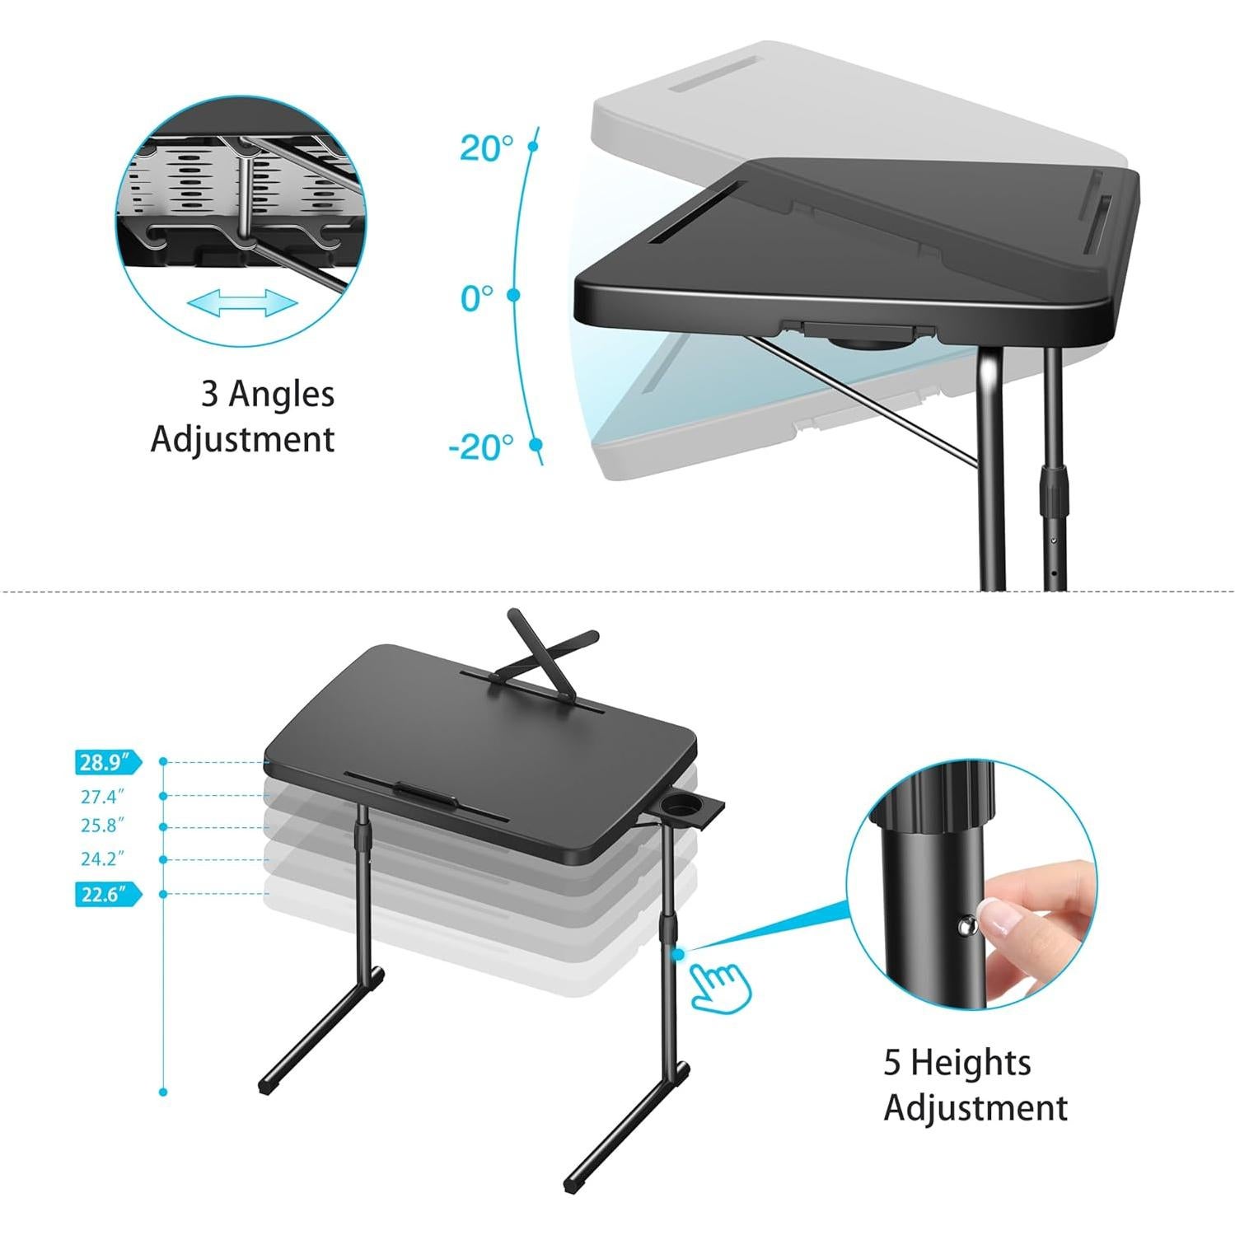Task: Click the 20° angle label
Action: tap(486, 148)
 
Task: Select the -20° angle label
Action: tap(481, 447)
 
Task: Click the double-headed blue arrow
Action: tap(242, 303)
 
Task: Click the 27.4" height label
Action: tap(102, 797)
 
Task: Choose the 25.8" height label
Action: tap(102, 826)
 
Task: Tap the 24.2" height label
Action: tap(102, 859)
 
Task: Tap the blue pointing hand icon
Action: tap(718, 987)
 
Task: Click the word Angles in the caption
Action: tap(281, 395)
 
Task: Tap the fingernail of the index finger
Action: tap(1003, 918)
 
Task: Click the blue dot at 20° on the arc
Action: tap(532, 147)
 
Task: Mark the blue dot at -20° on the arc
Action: tap(536, 445)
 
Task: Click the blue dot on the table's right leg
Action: tap(677, 954)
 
